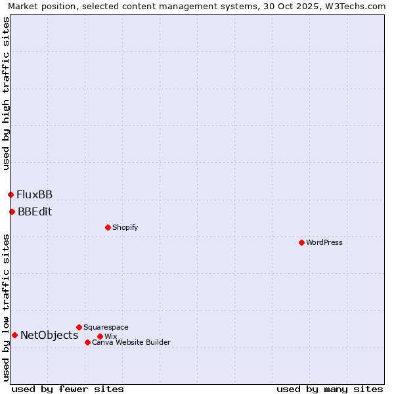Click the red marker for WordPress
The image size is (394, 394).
[x=301, y=242]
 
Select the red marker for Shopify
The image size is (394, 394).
[x=108, y=227]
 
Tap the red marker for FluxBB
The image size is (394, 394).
[x=11, y=194]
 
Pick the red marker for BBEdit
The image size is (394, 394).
[x=12, y=211]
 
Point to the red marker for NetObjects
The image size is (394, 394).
[x=14, y=335]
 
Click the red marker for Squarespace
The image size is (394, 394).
[x=79, y=327]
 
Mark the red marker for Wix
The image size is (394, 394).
[x=100, y=336]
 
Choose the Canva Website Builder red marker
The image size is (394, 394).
[x=87, y=342]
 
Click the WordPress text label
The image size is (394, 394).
[x=324, y=242]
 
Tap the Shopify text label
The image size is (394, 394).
[x=125, y=227]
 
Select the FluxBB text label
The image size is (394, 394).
[x=35, y=194]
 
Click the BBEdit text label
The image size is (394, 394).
[x=35, y=211]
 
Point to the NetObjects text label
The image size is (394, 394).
[x=49, y=335]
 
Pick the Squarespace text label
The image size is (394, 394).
[x=106, y=327]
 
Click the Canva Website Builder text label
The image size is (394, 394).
[x=131, y=342]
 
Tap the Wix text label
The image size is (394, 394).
[x=110, y=336]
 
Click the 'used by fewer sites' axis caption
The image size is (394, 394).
[x=68, y=389]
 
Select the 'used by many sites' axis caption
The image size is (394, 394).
[x=330, y=389]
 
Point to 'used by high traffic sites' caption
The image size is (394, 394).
[x=6, y=93]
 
